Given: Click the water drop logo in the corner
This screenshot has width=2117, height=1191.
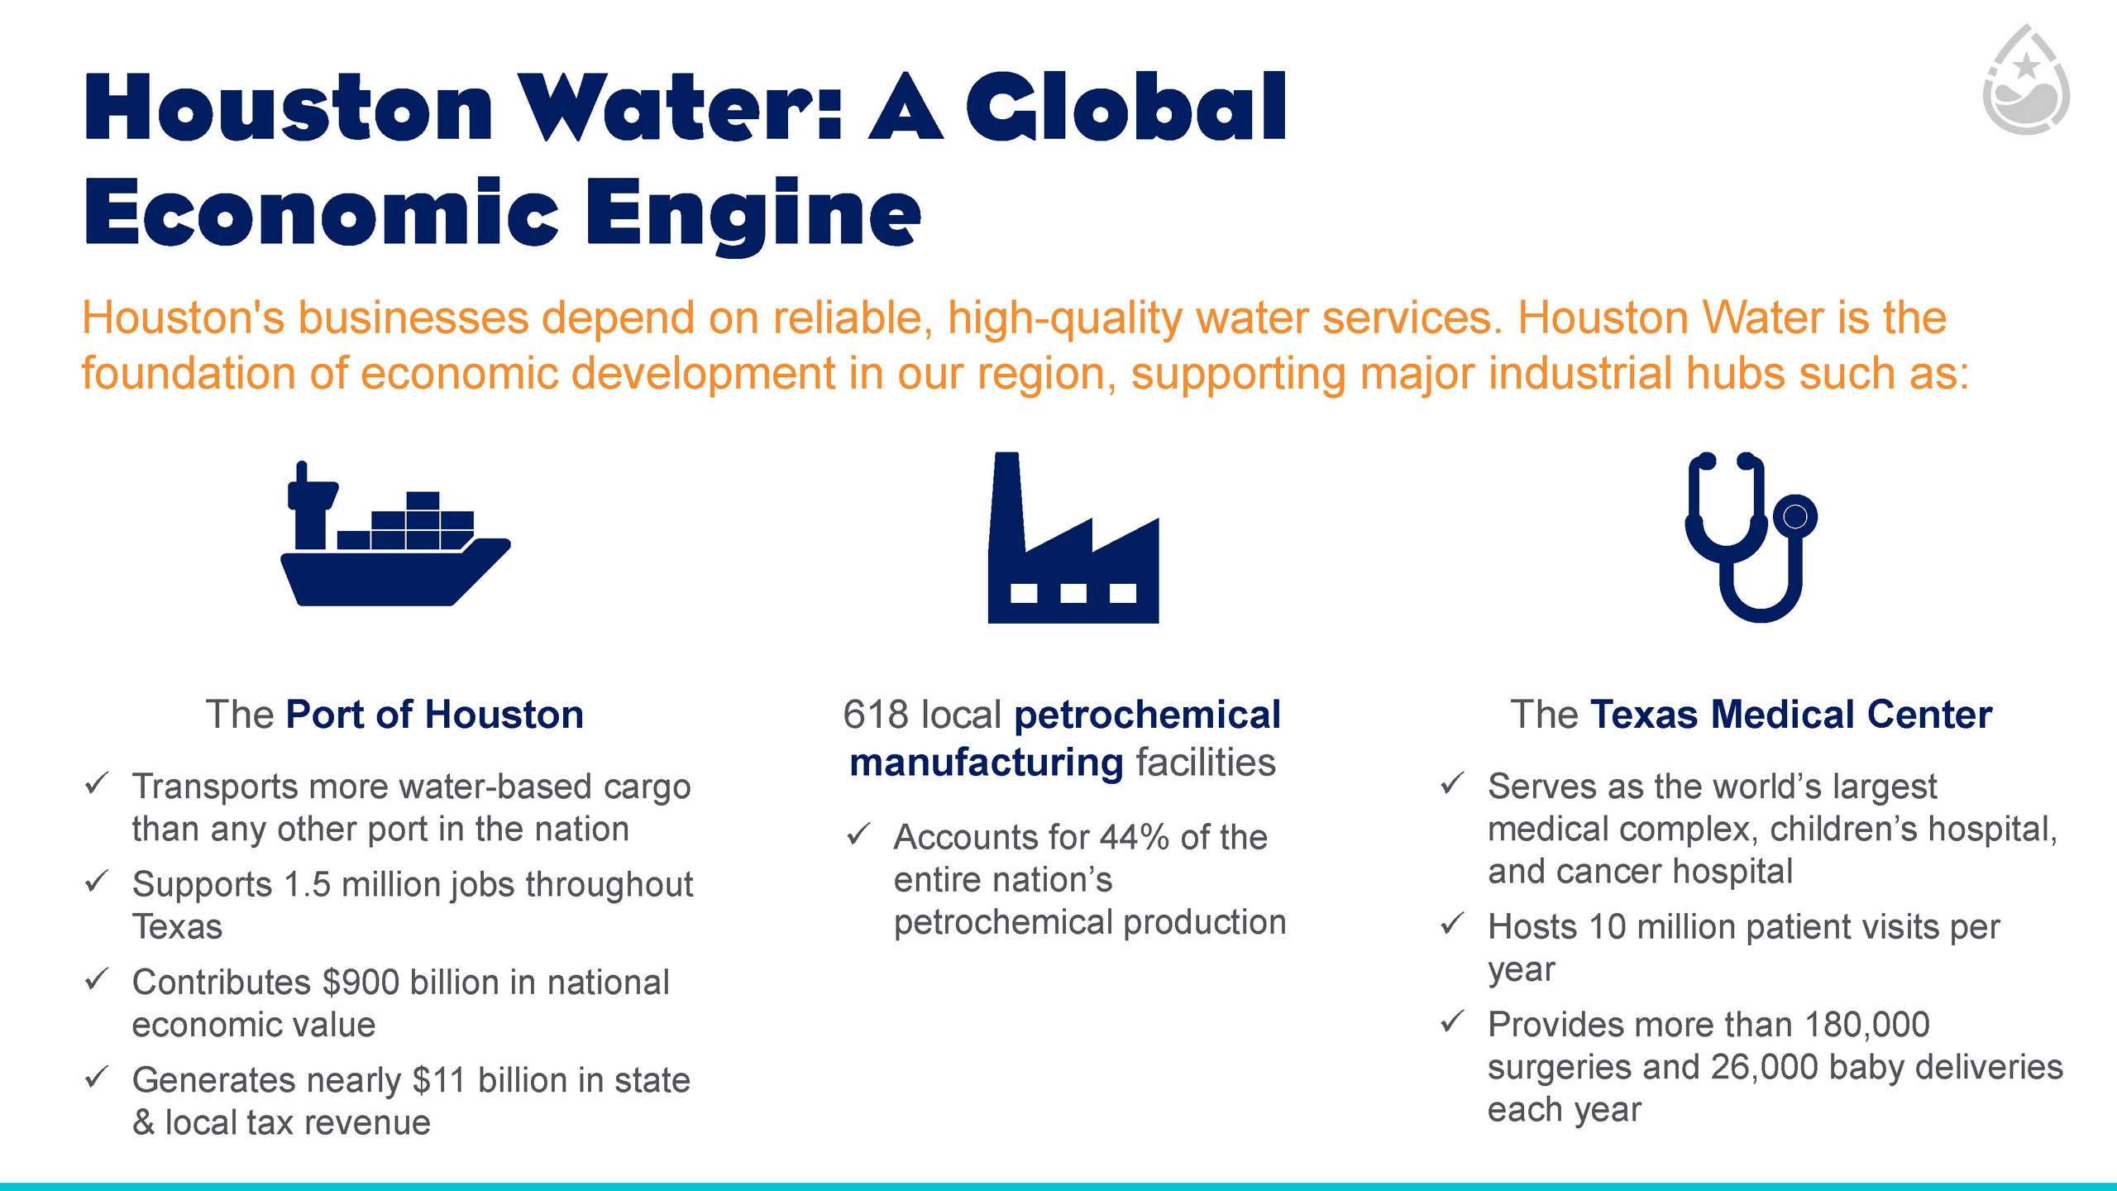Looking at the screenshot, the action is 2026,79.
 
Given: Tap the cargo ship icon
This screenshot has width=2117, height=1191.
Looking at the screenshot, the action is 395,533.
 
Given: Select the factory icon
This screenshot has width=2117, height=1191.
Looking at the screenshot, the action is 1073,538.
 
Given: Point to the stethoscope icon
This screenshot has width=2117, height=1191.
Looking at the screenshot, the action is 1751,538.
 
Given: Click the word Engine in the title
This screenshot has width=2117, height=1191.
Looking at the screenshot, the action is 753,214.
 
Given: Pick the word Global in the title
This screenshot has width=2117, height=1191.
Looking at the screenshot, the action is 1125,108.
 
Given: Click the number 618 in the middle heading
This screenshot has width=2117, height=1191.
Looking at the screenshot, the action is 877,715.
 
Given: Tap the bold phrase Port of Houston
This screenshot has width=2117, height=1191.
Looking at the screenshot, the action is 435,715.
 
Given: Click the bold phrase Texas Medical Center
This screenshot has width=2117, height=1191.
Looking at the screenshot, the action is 1791,715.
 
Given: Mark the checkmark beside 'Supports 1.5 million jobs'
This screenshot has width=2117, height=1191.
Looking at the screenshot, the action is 97,882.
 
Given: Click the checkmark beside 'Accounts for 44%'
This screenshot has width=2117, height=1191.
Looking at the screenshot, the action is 858,835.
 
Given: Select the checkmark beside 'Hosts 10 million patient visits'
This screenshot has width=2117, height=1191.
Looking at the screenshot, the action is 1452,924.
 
